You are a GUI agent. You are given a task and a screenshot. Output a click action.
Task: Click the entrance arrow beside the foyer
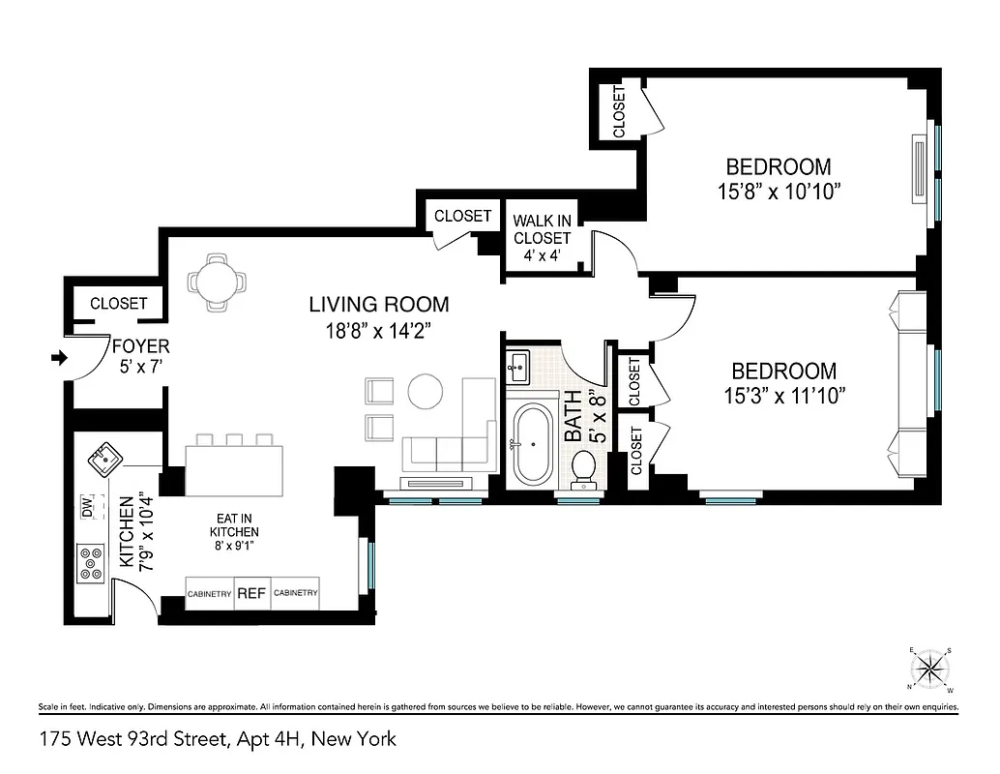58,358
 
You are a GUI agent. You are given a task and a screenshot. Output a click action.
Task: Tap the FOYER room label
140,346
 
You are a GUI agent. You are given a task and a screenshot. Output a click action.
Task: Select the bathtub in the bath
531,445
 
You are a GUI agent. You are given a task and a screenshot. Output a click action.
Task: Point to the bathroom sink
517,365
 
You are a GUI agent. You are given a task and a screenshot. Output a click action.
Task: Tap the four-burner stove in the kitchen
92,563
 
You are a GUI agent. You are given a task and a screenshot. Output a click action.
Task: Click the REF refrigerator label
251,593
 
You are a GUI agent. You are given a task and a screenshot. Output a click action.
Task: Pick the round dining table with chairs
218,282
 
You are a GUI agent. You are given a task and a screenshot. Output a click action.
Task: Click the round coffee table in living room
426,391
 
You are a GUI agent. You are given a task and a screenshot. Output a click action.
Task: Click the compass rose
930,669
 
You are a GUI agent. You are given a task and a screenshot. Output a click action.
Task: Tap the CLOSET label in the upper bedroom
619,111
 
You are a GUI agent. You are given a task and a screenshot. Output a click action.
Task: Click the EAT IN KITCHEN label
235,532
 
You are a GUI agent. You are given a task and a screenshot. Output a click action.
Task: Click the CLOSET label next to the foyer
118,304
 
